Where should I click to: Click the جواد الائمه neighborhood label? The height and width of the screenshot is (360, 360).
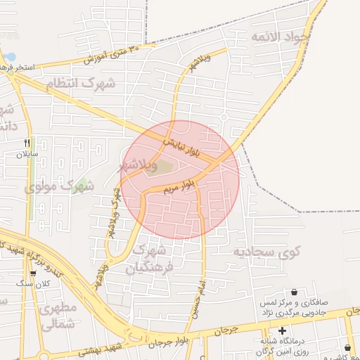point(298,36)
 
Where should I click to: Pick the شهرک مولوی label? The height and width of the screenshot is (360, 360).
point(59,187)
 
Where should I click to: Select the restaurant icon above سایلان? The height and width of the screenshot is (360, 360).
point(27,142)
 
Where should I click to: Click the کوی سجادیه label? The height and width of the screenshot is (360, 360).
point(268,251)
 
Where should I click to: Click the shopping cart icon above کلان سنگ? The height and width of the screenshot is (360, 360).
point(33,273)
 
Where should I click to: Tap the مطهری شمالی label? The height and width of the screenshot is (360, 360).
point(58,317)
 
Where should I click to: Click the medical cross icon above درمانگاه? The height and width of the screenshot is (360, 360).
point(282,330)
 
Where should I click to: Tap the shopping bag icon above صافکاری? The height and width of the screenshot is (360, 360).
point(293,292)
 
